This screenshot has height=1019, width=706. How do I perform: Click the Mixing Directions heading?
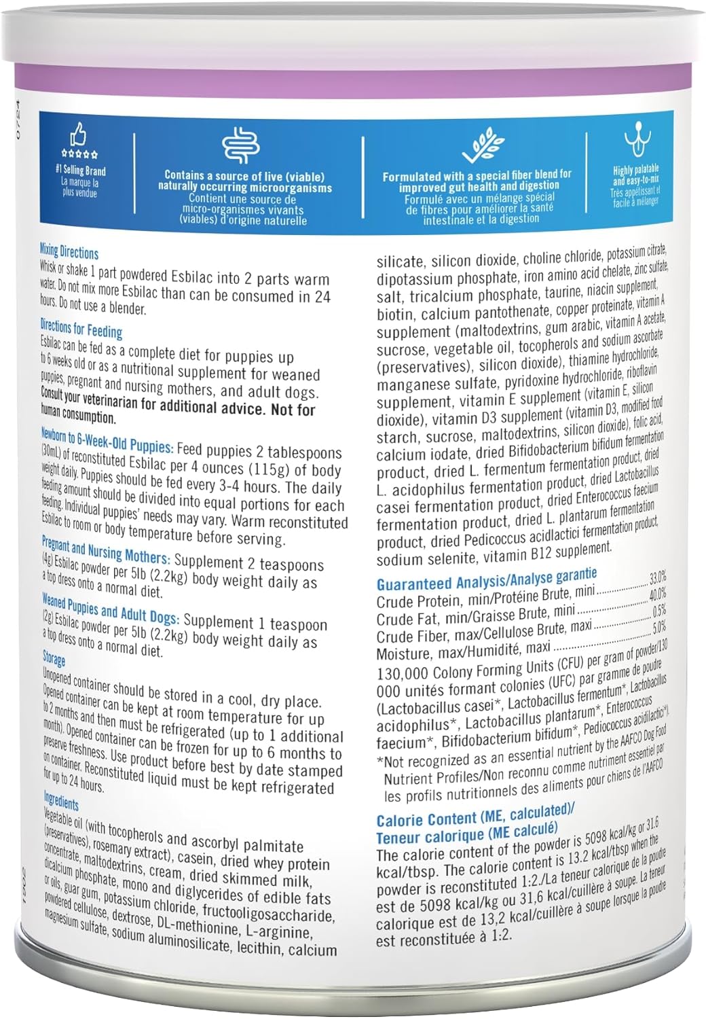(69, 252)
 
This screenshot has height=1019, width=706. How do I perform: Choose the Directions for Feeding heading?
(81, 329)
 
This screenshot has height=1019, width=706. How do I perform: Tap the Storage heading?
(54, 658)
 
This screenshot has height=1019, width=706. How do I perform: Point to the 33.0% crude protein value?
(657, 578)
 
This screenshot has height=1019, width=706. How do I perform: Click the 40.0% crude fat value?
(657, 594)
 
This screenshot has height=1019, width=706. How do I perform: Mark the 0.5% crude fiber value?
(658, 610)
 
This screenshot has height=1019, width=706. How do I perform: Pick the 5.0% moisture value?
(658, 626)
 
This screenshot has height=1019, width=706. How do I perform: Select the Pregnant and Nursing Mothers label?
(105, 551)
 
